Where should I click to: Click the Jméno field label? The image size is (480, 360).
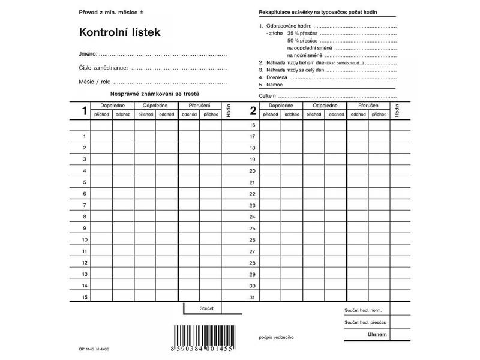[88, 54]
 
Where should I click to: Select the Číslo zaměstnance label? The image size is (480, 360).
[103, 67]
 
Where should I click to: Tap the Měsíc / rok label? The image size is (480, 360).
[94, 82]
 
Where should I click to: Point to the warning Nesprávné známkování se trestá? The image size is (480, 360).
[154, 94]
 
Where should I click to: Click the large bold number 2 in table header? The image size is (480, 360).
[253, 110]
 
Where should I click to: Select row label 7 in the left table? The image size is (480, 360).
[85, 205]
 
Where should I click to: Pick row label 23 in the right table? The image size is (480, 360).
[253, 205]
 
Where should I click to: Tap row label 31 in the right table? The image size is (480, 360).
[253, 297]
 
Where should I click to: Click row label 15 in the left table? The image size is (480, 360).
[85, 297]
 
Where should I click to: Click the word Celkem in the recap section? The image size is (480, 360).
[267, 95]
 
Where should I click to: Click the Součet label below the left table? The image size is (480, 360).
[206, 308]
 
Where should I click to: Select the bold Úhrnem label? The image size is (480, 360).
[377, 334]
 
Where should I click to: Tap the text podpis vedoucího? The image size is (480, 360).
[275, 338]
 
